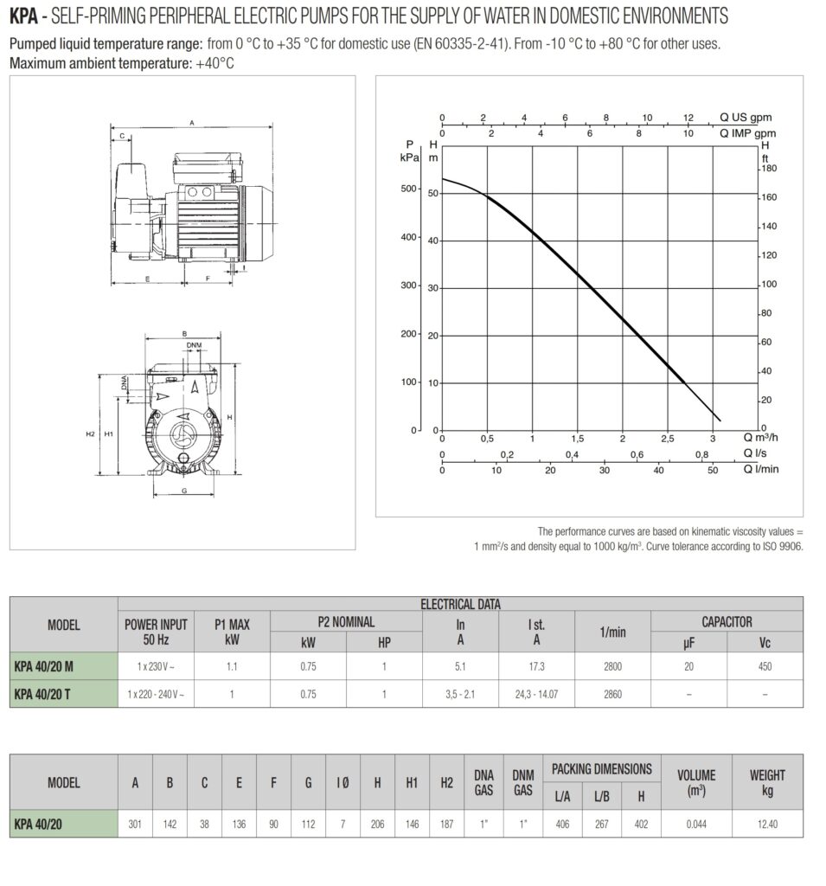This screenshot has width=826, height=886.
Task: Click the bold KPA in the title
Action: click(x=23, y=16)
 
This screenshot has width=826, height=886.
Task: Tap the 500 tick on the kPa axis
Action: click(x=411, y=189)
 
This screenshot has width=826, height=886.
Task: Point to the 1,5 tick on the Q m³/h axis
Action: click(x=577, y=439)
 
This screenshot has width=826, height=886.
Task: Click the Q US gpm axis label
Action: click(x=746, y=117)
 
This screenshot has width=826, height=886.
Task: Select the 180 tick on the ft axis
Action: click(x=769, y=170)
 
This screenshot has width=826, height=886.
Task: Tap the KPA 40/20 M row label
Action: click(x=45, y=666)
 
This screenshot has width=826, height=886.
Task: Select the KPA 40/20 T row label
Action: click(x=44, y=694)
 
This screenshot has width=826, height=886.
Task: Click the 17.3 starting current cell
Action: click(x=536, y=667)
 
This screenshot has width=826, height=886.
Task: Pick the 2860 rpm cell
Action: click(x=611, y=694)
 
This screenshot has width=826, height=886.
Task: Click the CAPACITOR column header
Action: click(x=727, y=621)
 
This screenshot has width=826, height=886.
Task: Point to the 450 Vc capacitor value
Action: click(x=765, y=667)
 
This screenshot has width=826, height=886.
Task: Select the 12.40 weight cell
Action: click(x=767, y=824)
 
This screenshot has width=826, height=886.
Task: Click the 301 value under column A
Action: click(x=135, y=824)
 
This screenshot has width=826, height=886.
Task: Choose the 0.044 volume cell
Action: click(x=695, y=824)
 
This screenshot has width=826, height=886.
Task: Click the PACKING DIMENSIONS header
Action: click(x=601, y=769)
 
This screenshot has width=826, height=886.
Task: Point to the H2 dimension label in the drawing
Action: click(x=91, y=433)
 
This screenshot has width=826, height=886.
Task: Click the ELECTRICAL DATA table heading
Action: click(x=460, y=604)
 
